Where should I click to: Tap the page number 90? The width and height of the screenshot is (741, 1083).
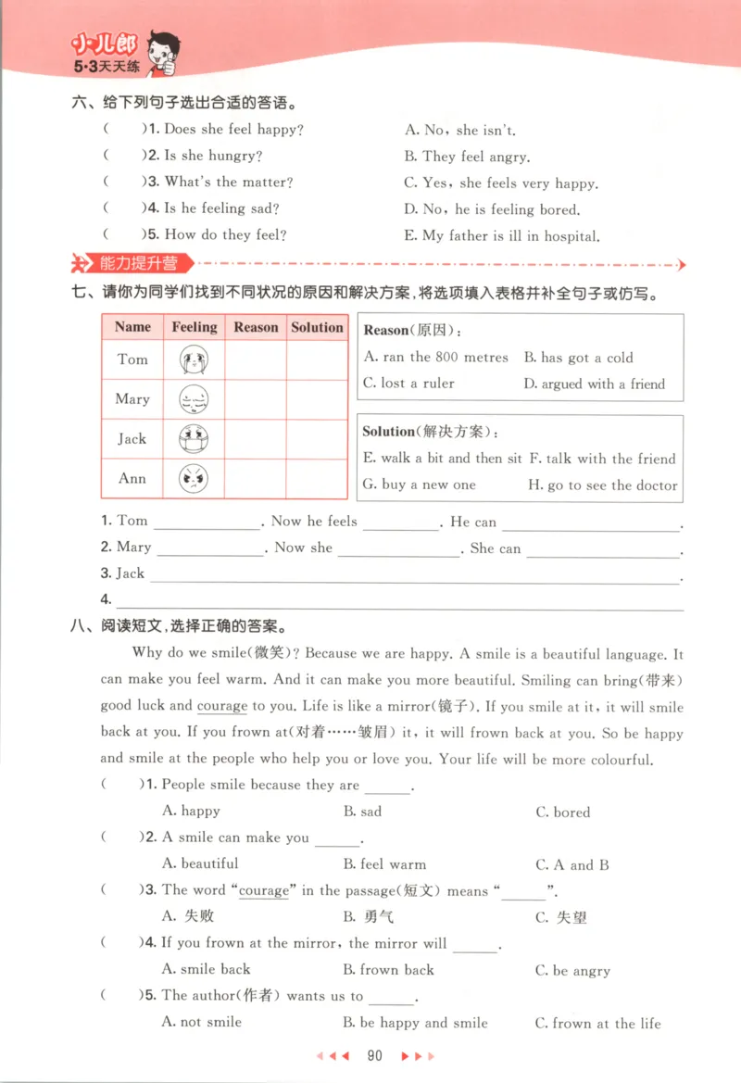[x=375, y=1055]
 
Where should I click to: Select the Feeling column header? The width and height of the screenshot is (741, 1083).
[x=194, y=327]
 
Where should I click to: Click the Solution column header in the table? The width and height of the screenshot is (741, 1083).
[x=317, y=327]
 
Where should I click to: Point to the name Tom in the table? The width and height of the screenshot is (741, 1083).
[x=132, y=359]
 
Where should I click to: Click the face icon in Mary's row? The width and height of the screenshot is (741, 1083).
[x=194, y=399]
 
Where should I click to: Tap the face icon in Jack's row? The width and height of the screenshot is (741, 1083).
[x=194, y=439]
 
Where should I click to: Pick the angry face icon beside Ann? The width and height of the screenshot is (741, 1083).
[x=194, y=479]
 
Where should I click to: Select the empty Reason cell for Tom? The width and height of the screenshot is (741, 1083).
[x=256, y=359]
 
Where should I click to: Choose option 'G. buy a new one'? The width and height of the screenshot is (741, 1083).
[x=419, y=485]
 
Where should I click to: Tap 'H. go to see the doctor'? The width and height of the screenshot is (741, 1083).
[x=602, y=485]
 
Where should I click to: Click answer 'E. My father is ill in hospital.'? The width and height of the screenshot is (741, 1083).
[x=501, y=236]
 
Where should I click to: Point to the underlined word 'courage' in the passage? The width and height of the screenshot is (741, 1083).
[x=222, y=706]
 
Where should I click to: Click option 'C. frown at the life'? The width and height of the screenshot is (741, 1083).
[x=598, y=1024]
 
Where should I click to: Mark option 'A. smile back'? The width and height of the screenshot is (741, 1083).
[x=206, y=970]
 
